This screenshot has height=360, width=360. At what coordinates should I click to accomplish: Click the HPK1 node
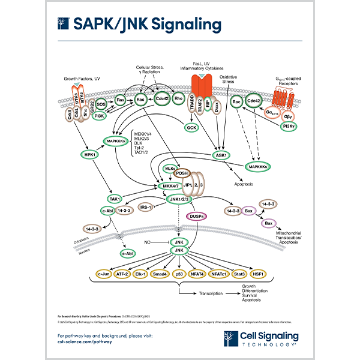[x=89, y=154]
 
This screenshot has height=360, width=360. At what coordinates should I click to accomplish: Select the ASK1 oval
[x=222, y=154]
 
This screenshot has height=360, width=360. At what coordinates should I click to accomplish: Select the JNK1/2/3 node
[x=181, y=199]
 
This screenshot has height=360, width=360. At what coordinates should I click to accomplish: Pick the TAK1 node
[x=115, y=199]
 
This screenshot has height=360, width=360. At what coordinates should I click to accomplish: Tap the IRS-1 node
[x=144, y=207]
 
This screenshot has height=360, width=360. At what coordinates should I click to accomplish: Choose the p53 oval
[x=178, y=274]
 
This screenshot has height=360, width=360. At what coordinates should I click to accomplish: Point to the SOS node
[x=101, y=103]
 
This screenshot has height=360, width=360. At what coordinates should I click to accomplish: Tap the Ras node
[x=120, y=100]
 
